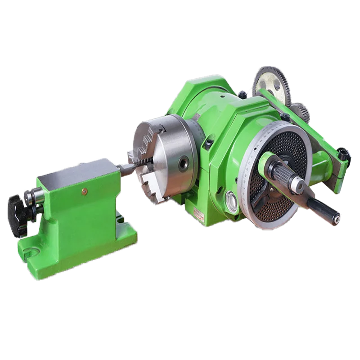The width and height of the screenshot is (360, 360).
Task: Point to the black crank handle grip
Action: pos(323,212)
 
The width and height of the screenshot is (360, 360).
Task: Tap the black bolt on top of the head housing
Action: pos(242,94)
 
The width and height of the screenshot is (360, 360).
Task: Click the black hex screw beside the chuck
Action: pos(209,143)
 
